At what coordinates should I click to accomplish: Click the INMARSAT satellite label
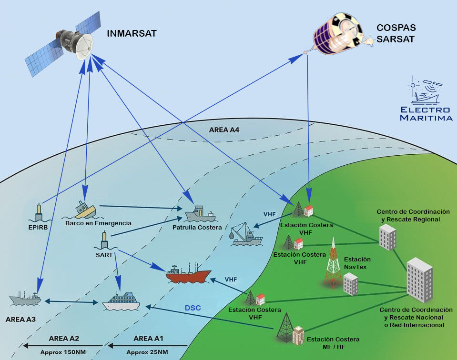click(132, 33)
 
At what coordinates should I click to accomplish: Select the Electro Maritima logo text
click(426, 113)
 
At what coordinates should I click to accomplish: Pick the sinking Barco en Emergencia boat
click(84, 209)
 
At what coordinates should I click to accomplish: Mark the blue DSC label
click(193, 308)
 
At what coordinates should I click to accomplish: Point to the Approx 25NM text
click(147, 352)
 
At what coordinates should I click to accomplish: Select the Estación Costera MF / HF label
click(333, 343)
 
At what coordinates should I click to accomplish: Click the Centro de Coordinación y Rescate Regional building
click(387, 237)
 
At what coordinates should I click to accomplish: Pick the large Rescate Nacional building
click(419, 280)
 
